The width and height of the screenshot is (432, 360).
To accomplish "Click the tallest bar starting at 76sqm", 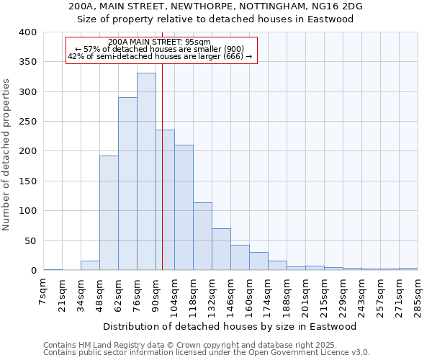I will (x=146, y=171).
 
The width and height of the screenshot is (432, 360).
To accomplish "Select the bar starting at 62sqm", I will (x=127, y=184).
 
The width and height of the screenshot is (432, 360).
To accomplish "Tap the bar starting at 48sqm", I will (x=109, y=213).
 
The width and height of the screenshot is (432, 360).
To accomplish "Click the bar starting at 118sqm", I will (x=202, y=236).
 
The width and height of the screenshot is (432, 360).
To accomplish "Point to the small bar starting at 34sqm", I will (x=90, y=266).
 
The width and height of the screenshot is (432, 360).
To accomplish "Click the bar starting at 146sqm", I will (x=240, y=258).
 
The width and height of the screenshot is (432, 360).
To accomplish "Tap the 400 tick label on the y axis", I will (x=27, y=32).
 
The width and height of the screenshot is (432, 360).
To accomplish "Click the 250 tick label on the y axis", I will (x=27, y=122).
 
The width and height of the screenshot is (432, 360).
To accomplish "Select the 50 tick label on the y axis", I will (x=30, y=240).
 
